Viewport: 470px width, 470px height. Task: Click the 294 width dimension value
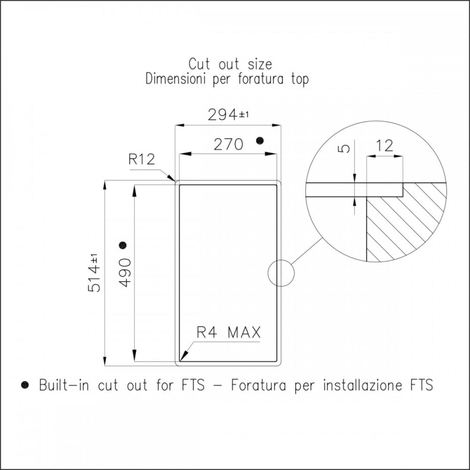click(223, 115)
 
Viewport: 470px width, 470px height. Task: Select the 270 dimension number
click(228, 144)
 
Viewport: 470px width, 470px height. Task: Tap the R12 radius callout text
click(142, 159)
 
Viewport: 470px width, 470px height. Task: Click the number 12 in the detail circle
click(384, 146)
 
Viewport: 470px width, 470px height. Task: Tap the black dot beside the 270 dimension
click(260, 140)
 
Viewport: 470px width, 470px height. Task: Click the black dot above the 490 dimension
click(122, 245)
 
